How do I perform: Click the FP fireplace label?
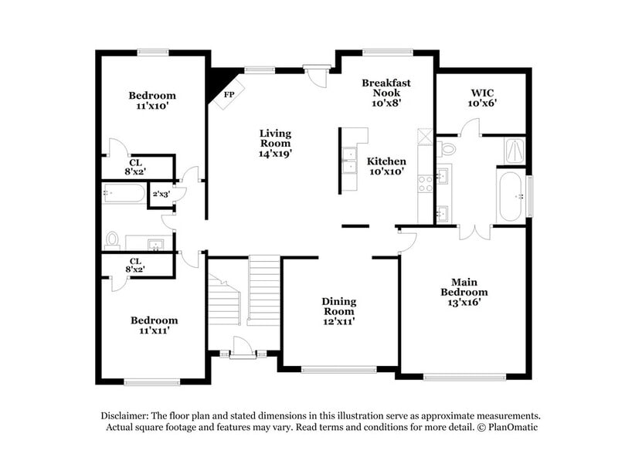click(229, 95)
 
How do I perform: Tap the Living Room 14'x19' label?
click(275, 143)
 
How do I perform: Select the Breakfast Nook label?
click(386, 92)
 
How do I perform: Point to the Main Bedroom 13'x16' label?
click(464, 292)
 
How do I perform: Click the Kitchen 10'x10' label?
click(386, 167)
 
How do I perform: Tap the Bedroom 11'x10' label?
click(152, 101)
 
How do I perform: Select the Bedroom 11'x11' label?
click(154, 325)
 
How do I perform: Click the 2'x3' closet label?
click(161, 194)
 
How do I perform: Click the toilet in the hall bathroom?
click(113, 240)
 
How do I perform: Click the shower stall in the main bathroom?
click(515, 151)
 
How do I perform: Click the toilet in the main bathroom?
click(449, 148)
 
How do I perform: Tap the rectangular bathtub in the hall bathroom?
click(124, 193)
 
